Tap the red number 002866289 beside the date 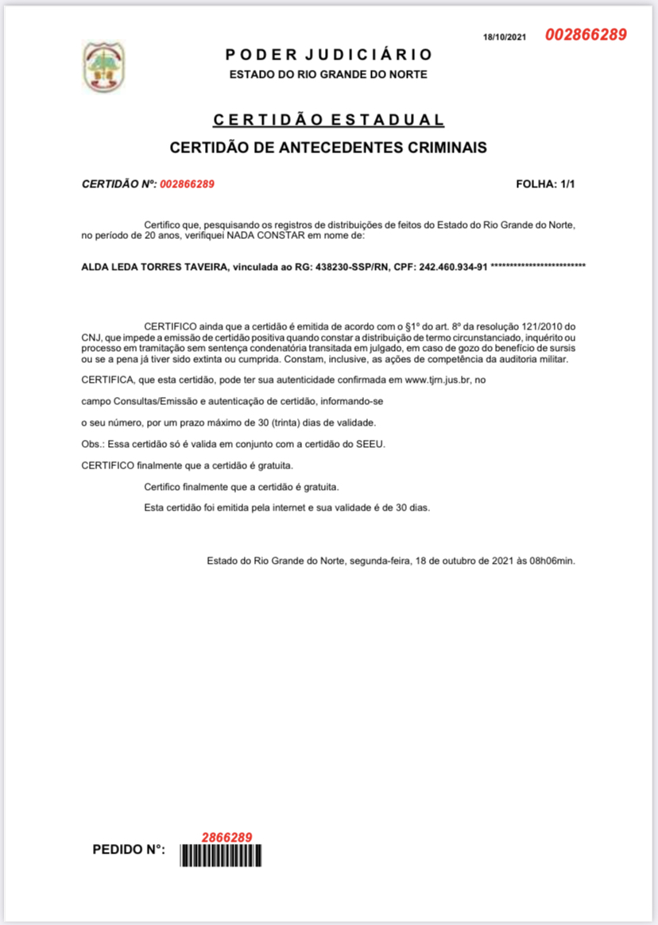[x=586, y=35]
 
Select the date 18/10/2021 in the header [x=505, y=37]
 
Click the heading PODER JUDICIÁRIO [x=328, y=55]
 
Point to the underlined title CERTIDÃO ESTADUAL [x=328, y=120]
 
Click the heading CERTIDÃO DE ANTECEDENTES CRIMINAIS [x=328, y=148]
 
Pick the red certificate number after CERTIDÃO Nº [x=188, y=184]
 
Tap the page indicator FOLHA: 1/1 [x=545, y=184]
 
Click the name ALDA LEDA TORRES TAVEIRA [x=154, y=268]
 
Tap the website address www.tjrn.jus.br [x=439, y=380]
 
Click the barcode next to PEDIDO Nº [x=222, y=855]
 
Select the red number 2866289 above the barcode [x=226, y=838]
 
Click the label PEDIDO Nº [x=130, y=850]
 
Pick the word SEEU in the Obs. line [x=373, y=442]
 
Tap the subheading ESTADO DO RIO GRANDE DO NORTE [x=328, y=75]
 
